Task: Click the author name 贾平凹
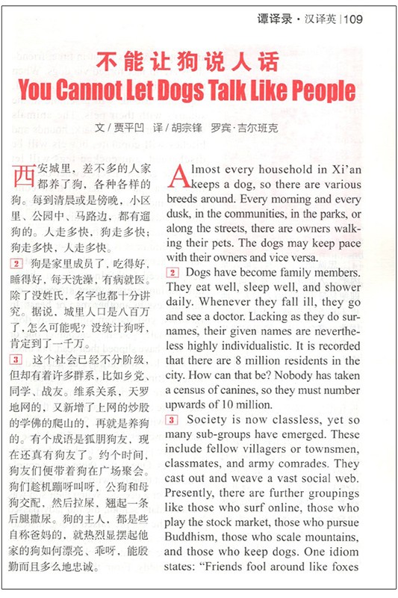[128, 128]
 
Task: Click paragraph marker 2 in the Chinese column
[16, 263]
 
